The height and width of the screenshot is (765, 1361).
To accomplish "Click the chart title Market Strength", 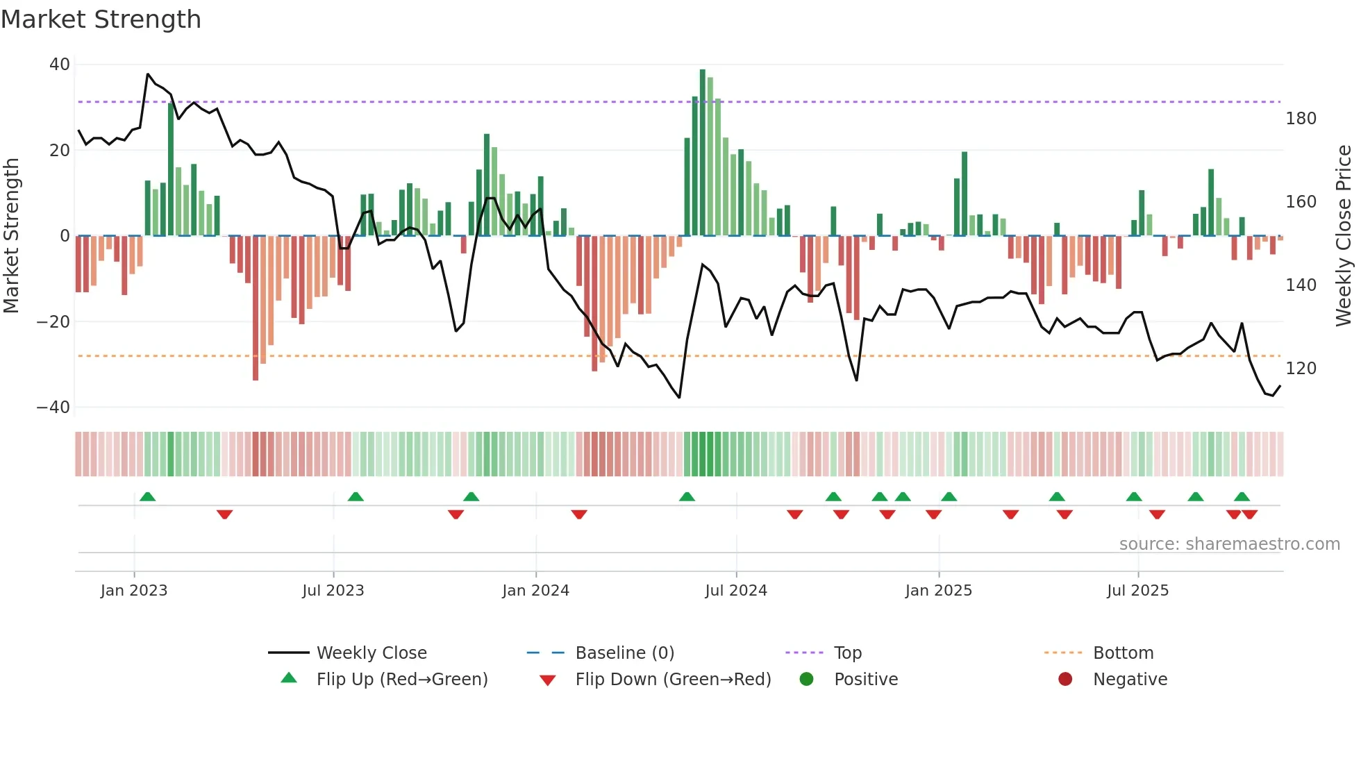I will click(x=101, y=19).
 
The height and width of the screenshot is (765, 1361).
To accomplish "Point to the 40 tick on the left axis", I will click(x=60, y=65).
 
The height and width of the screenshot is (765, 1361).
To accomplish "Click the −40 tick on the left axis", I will click(x=53, y=407).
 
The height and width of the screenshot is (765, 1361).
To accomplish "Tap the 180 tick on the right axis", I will click(x=1301, y=119).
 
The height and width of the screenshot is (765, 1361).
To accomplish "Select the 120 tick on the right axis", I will click(x=1301, y=369).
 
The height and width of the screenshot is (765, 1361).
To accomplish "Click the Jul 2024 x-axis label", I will click(x=736, y=591).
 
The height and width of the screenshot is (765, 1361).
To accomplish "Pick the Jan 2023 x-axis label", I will click(x=134, y=591).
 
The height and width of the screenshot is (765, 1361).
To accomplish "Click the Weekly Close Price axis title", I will click(x=1344, y=236).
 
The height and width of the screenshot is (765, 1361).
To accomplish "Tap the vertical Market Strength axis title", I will click(x=11, y=236).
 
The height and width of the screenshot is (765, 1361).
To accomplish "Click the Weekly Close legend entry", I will click(x=371, y=653).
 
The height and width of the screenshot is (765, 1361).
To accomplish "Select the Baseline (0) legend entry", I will click(x=624, y=653).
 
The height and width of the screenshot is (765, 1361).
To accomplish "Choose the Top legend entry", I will click(x=847, y=653).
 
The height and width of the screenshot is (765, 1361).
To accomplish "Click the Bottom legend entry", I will click(x=1123, y=653).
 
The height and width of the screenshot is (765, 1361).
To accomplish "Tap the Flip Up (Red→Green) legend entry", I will click(x=402, y=680).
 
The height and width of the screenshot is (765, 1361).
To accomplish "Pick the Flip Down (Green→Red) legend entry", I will click(x=673, y=680).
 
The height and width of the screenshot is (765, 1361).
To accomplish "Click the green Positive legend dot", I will click(x=806, y=680).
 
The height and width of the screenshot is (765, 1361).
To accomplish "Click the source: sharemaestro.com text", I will click(x=1229, y=544).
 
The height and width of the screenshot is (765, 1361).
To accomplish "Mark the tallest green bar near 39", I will click(x=703, y=153).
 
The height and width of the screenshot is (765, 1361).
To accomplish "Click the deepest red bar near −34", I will click(x=256, y=309).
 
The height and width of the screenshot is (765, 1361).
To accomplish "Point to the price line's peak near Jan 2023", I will click(x=148, y=74).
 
